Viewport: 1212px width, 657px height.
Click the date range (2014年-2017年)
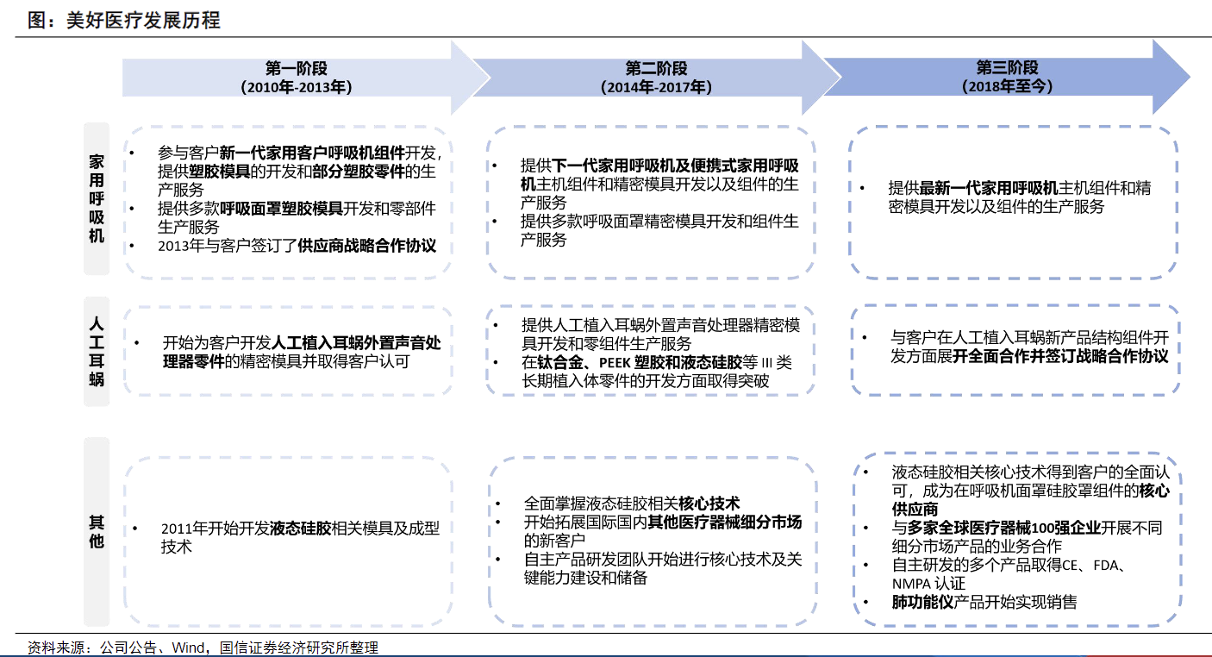[x=656, y=86]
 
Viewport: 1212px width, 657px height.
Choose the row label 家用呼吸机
[x=97, y=198]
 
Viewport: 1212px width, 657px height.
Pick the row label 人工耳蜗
[x=97, y=351]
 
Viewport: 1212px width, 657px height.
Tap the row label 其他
[x=97, y=531]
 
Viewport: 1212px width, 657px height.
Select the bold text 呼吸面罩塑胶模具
[x=281, y=209]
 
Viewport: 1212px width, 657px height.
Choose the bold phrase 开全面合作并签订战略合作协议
[x=1060, y=356]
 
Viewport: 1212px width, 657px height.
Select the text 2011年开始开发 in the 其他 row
[x=215, y=529]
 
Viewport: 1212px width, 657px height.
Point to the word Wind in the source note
[x=187, y=648]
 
